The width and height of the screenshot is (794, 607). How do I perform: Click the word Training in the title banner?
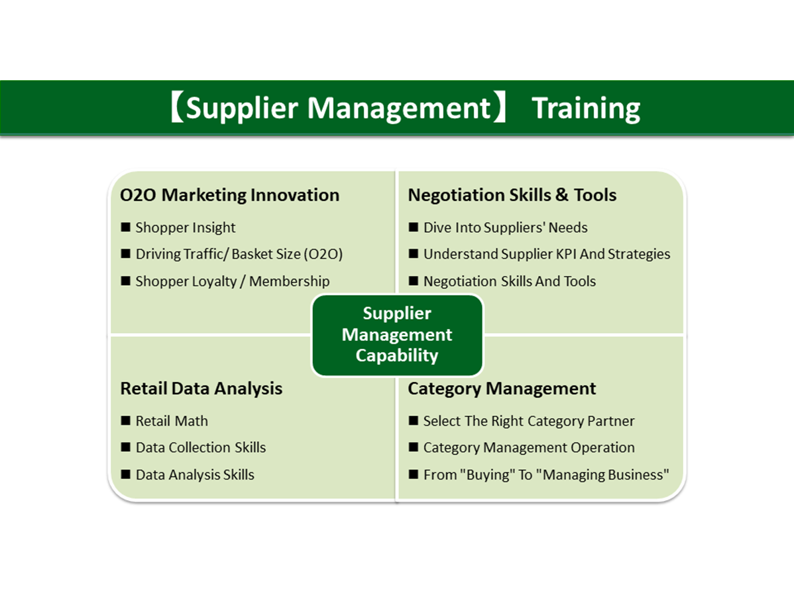click(x=586, y=108)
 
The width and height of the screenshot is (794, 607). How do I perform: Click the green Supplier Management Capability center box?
click(x=397, y=335)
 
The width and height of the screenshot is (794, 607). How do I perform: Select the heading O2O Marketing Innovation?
click(x=229, y=195)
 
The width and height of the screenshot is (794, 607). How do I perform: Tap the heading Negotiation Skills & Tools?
click(x=512, y=195)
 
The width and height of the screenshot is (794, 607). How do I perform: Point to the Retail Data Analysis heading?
click(x=201, y=389)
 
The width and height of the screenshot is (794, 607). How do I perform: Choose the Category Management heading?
click(x=502, y=389)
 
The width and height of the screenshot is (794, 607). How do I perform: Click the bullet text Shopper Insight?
click(x=186, y=228)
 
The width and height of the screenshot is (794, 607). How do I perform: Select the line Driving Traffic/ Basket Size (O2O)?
click(x=239, y=254)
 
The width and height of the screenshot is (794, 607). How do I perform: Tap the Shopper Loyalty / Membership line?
click(x=233, y=281)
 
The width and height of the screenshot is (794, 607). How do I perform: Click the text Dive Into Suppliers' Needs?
click(x=506, y=228)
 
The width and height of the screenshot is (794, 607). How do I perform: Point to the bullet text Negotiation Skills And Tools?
click(x=510, y=281)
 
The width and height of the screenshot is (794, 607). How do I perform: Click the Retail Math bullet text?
click(x=172, y=421)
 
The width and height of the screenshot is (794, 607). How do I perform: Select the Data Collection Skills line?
click(x=201, y=447)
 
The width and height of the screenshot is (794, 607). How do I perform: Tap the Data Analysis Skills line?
click(x=195, y=475)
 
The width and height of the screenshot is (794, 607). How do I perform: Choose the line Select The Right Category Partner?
click(x=529, y=421)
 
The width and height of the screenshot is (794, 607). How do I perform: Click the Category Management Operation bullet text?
click(x=529, y=447)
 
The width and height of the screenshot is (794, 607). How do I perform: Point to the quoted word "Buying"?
click(x=487, y=475)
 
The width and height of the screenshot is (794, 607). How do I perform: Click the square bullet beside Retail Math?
click(x=125, y=420)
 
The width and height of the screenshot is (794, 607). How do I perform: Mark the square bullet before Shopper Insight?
click(x=125, y=226)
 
